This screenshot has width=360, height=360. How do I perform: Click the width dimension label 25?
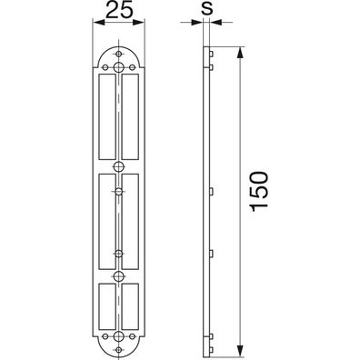(120, 11)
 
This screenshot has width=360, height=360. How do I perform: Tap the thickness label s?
(207, 8)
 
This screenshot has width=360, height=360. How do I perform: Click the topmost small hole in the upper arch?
(119, 54)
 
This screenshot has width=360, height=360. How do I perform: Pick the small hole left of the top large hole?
(105, 67)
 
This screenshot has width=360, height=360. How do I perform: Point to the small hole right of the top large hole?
(132, 67)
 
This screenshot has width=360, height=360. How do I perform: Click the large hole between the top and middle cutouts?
(119, 166)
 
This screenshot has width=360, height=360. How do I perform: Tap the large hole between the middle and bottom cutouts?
(119, 275)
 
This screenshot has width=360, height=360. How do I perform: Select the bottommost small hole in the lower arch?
(119, 350)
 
